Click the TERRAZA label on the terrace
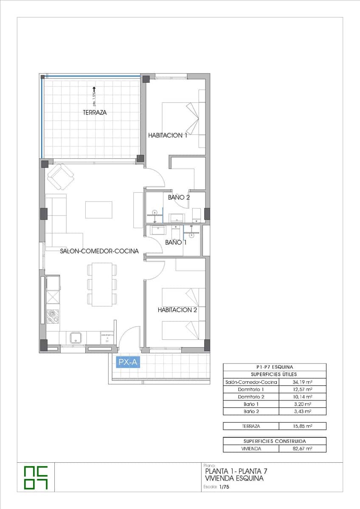95,113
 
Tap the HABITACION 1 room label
168,135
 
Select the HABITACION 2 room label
177,310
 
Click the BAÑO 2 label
178,197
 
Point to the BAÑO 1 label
176,243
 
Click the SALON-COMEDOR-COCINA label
99,251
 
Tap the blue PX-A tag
128,363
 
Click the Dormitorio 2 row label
251,397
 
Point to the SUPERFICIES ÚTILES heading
274,374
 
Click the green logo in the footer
36,477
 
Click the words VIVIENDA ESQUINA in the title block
234,478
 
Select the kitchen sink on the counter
76,338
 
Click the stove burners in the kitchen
53,316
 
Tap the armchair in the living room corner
60,176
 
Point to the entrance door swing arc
129,335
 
